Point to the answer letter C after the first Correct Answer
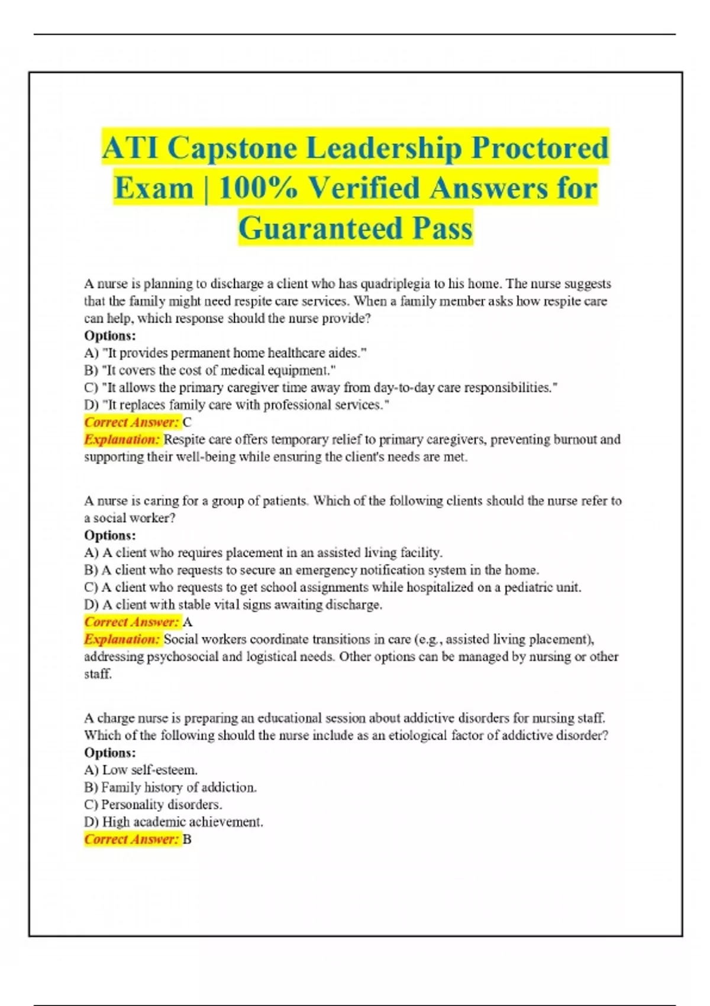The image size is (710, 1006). (x=187, y=423)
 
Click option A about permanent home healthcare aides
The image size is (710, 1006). (x=225, y=353)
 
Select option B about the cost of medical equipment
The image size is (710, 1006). (x=210, y=370)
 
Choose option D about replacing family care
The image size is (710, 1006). (x=237, y=405)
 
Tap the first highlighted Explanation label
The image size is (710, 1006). (x=122, y=440)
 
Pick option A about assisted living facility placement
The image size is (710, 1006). (x=263, y=553)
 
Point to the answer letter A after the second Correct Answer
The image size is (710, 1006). (x=188, y=622)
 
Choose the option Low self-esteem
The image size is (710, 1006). (x=141, y=770)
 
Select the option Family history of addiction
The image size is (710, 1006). (x=170, y=788)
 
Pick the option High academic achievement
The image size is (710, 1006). (x=174, y=823)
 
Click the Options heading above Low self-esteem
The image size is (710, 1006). (x=110, y=753)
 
